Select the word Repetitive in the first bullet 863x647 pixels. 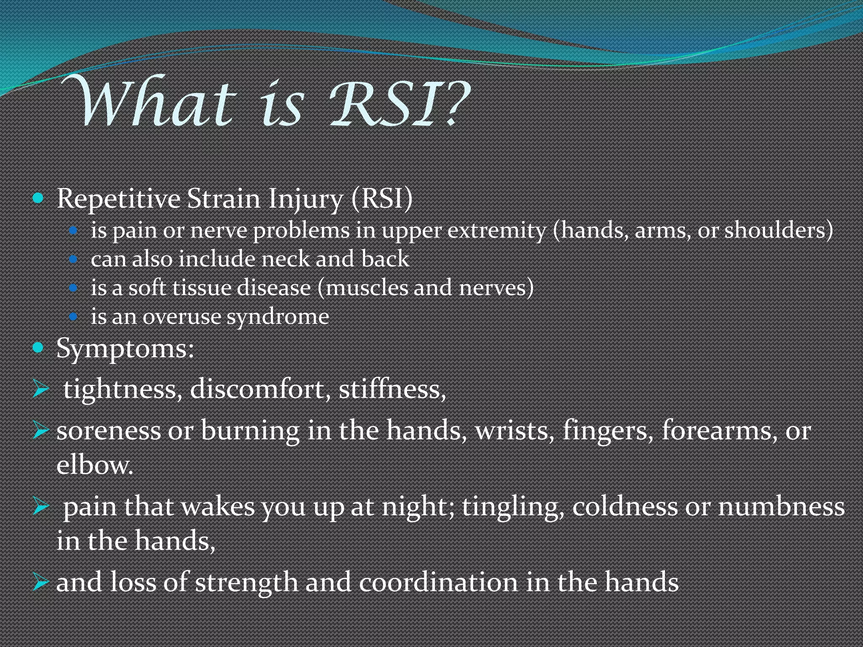118,199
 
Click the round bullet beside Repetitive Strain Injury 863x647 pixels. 38,198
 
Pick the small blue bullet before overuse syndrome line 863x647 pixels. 73,316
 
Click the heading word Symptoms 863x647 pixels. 125,349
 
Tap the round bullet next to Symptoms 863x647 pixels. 38,348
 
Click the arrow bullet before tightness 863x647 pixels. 41,388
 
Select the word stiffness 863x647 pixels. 392,388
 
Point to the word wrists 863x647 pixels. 514,430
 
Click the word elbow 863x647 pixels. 94,465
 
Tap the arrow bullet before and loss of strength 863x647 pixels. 41,582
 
